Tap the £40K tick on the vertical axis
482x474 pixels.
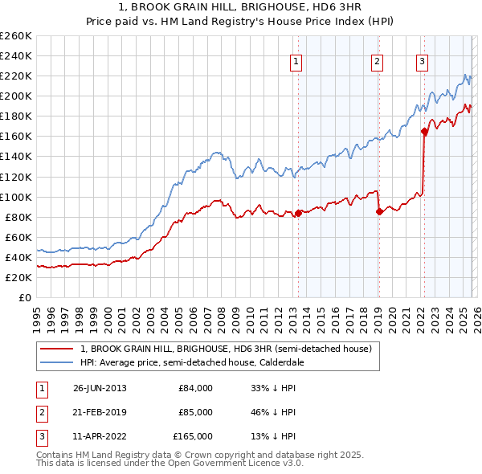coord(18,257)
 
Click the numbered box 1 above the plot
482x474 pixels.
coord(296,61)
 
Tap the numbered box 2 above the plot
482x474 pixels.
coord(377,61)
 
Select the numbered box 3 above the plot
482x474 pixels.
coord(422,61)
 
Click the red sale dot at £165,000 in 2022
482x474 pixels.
coord(424,132)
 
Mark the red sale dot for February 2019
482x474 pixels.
coord(379,212)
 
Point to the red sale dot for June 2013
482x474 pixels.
coord(299,213)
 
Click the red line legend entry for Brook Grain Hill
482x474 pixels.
coord(225,349)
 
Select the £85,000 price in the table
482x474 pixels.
coord(195,412)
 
